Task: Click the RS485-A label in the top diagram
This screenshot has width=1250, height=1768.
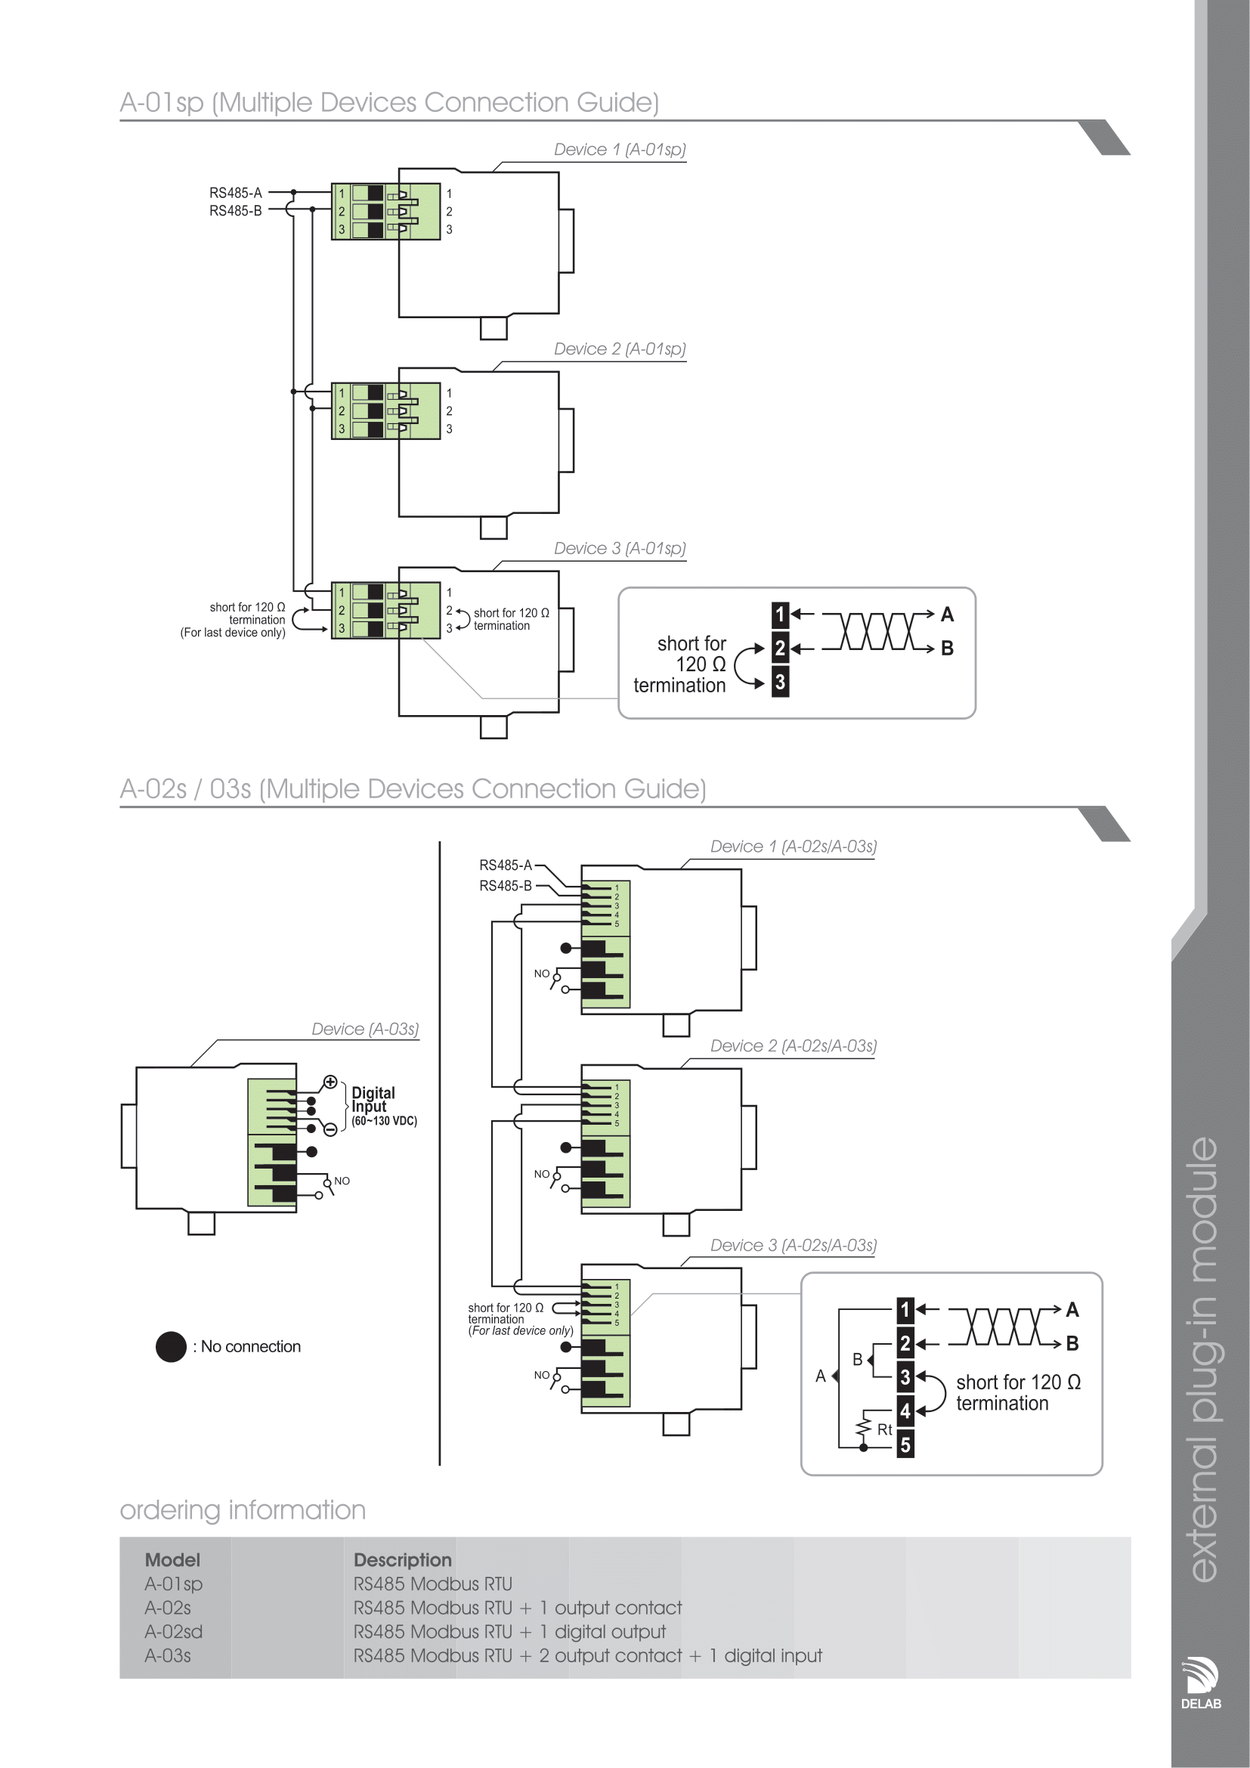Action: tap(236, 193)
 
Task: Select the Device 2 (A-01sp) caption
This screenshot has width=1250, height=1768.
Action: tap(619, 348)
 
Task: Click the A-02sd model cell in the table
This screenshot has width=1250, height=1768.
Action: tap(173, 1632)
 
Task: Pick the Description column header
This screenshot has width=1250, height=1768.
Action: tap(402, 1560)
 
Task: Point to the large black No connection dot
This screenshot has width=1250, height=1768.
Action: tap(171, 1347)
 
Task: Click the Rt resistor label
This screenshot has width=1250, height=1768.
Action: tap(884, 1430)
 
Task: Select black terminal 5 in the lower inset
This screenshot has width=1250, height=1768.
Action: tap(905, 1445)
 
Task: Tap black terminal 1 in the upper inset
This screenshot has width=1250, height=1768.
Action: tap(780, 615)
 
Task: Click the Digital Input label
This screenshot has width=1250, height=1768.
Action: tap(373, 1100)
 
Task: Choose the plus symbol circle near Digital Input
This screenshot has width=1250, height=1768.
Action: tap(330, 1082)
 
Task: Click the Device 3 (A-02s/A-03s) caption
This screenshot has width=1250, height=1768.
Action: tap(793, 1245)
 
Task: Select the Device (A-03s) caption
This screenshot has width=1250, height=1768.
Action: tap(365, 1030)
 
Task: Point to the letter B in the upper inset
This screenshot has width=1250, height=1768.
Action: tap(948, 649)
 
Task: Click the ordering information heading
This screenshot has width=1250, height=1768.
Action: tap(243, 1510)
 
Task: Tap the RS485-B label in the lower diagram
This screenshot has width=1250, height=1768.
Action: tap(505, 887)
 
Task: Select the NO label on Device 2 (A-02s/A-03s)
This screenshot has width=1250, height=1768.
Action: tap(542, 1175)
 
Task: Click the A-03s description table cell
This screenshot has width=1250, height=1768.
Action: tap(587, 1655)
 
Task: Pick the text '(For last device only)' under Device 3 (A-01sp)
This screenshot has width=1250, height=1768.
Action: tap(233, 633)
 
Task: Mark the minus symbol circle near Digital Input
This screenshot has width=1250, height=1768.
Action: tap(330, 1129)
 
